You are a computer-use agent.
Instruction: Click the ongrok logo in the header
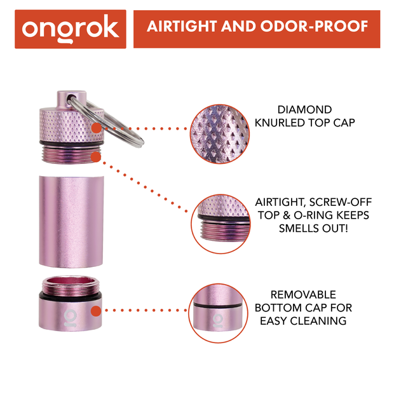click(71, 29)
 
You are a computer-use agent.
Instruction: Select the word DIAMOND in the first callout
click(304, 109)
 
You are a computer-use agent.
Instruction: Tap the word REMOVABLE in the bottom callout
click(304, 295)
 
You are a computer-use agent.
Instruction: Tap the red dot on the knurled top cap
click(95, 128)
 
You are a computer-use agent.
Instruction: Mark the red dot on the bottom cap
click(95, 311)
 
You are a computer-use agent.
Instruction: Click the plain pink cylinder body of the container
click(71, 219)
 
